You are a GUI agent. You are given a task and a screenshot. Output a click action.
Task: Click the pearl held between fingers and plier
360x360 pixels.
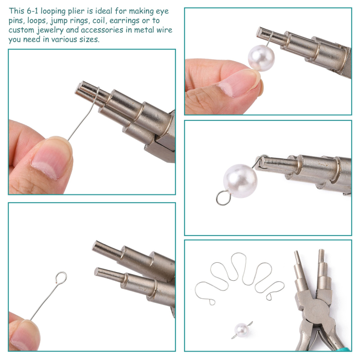pyautogui.click(x=261, y=58)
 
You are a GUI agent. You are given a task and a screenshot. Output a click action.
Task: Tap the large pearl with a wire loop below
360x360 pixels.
pyautogui.click(x=240, y=181)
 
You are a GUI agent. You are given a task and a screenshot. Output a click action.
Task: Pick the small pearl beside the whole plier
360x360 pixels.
pyautogui.click(x=242, y=330)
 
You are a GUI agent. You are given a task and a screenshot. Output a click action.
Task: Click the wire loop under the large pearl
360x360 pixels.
pyautogui.click(x=223, y=197)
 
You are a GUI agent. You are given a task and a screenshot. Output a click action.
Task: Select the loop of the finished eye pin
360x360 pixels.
pyautogui.click(x=61, y=277)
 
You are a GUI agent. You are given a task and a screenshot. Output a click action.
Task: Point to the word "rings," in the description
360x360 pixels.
pyautogui.click(x=79, y=21)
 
